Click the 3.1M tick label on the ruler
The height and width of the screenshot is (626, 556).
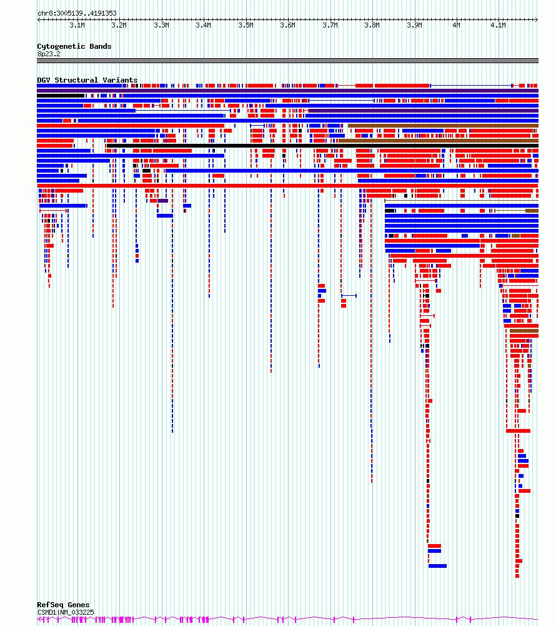[x=77, y=25]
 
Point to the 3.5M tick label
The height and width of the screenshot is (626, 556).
[x=246, y=25]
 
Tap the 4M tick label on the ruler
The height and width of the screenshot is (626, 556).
[x=456, y=25]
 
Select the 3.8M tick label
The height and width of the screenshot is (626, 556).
[x=372, y=25]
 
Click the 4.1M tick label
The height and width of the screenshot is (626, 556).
[x=498, y=25]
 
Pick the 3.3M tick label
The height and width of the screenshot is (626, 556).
[x=161, y=25]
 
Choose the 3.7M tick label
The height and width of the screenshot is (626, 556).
[x=330, y=25]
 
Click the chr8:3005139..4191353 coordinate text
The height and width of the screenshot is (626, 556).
[x=77, y=13]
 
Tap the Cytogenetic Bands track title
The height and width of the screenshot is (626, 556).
[x=74, y=46]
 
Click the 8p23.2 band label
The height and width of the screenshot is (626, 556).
[x=49, y=54]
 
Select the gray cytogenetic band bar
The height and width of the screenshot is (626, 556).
[x=287, y=61]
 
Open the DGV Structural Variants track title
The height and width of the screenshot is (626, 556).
[x=87, y=80]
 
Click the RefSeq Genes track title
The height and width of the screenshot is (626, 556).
[x=64, y=605]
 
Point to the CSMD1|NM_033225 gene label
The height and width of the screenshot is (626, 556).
[x=66, y=612]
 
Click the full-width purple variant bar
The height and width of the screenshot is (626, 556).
[x=287, y=91]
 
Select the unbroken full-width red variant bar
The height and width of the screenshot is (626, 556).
[x=287, y=186]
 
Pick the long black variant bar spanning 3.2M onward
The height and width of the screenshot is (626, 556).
[x=323, y=146]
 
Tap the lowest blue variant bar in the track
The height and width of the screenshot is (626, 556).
[x=437, y=566]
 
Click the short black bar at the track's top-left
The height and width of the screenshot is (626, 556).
[x=61, y=96]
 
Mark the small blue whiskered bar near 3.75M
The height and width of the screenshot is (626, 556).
[x=349, y=296]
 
